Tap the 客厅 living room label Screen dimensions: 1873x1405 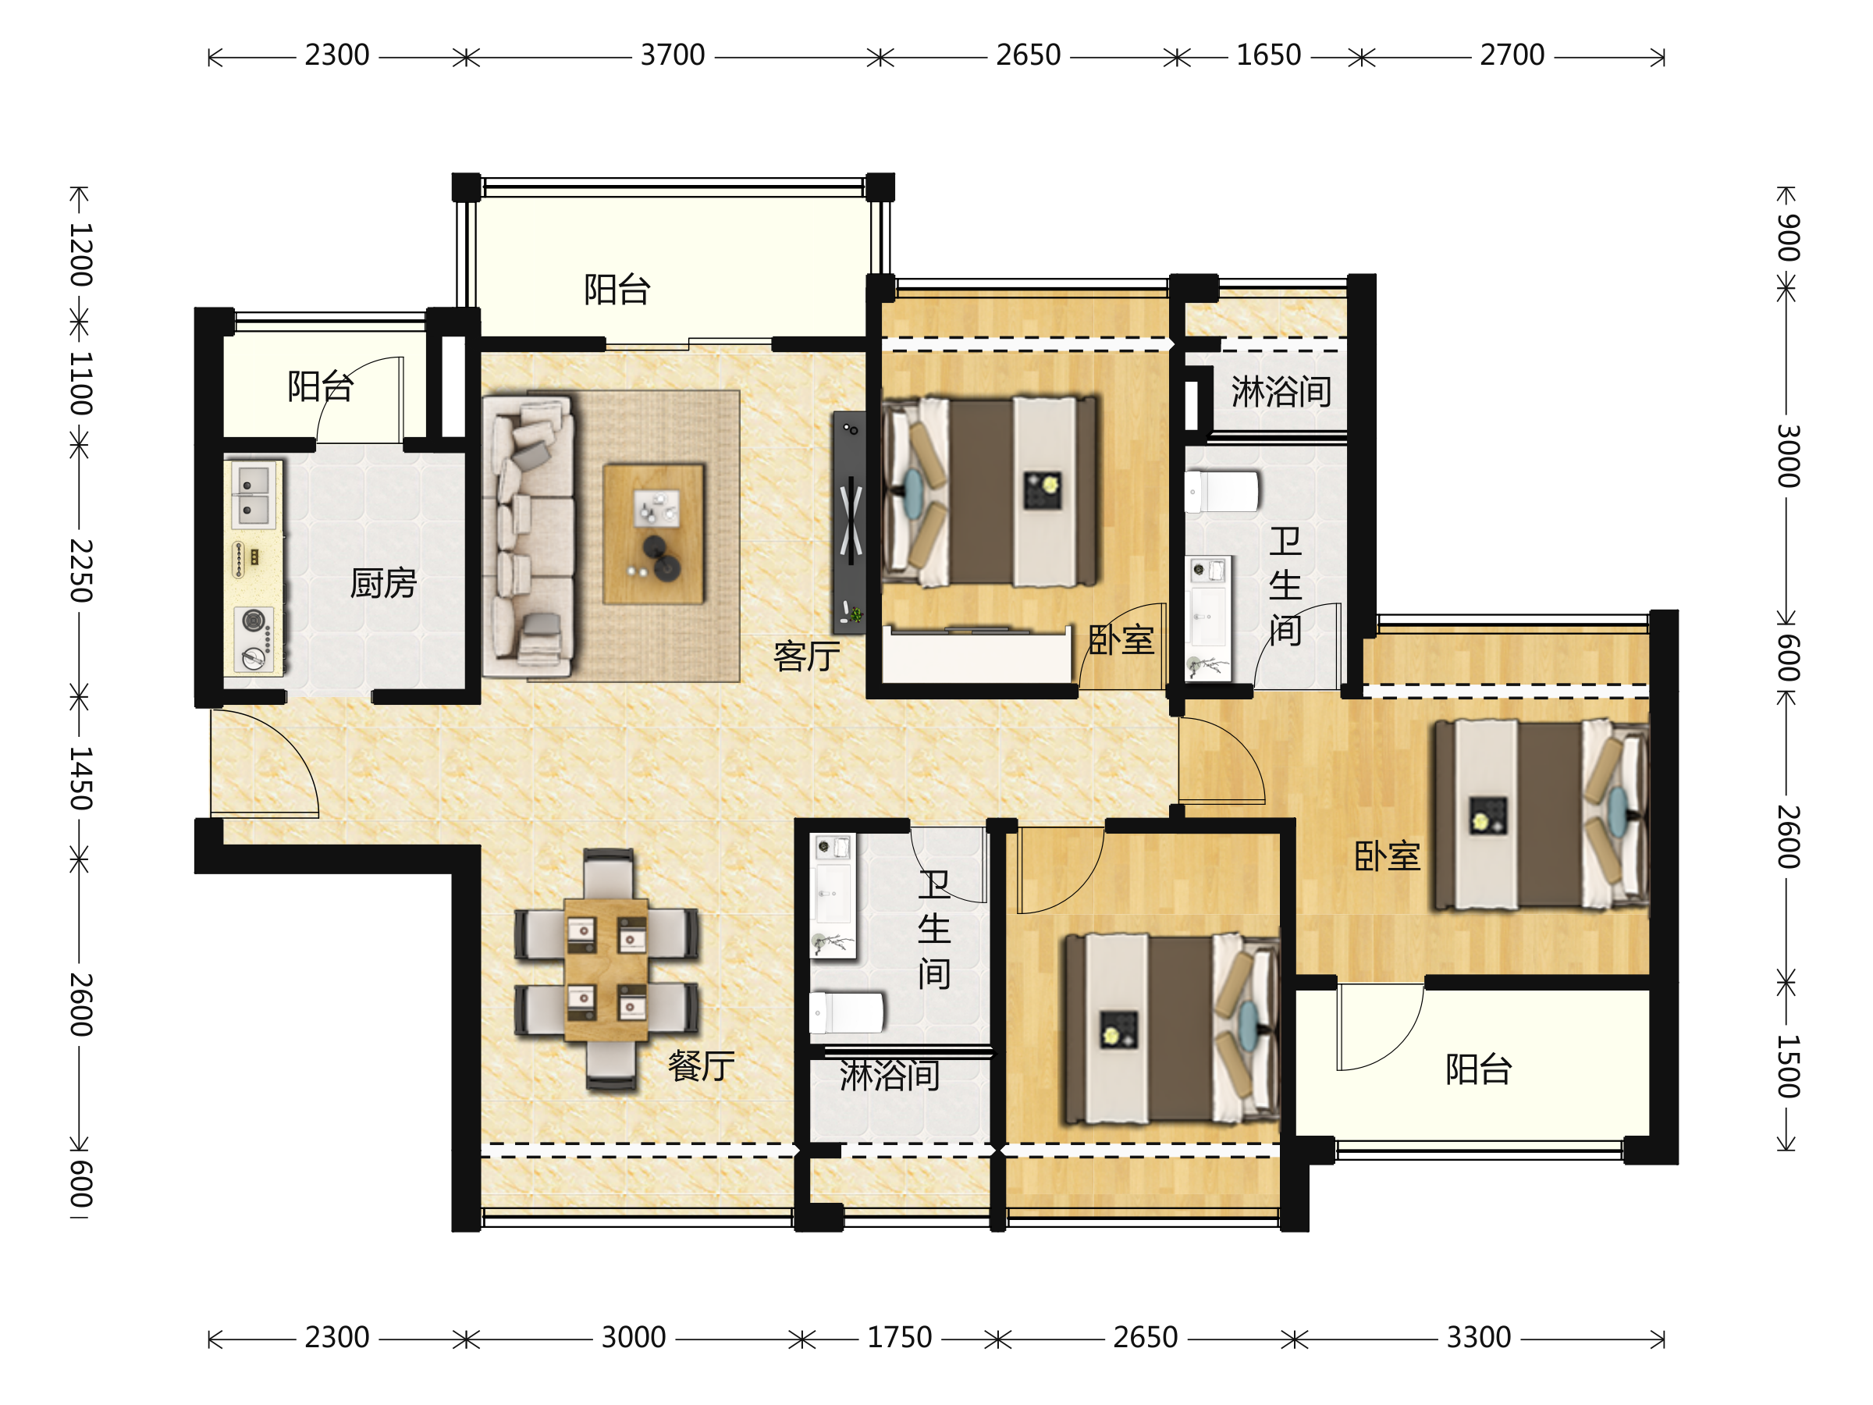pyautogui.click(x=806, y=656)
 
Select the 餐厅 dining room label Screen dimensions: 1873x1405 pyautogui.click(x=701, y=1065)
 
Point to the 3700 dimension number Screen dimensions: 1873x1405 pyautogui.click(x=672, y=56)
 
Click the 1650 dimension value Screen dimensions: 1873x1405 pyautogui.click(x=1268, y=56)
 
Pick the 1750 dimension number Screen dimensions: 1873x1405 pyautogui.click(x=899, y=1338)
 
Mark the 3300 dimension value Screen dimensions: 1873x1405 pyautogui.click(x=1478, y=1338)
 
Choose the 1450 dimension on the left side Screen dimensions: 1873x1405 pyautogui.click(x=80, y=778)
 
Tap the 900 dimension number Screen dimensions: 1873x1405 pyautogui.click(x=1787, y=237)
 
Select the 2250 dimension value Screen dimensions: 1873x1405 pyautogui.click(x=80, y=570)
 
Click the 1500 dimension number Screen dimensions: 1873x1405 pyautogui.click(x=1787, y=1066)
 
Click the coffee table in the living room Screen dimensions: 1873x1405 pyautogui.click(x=653, y=534)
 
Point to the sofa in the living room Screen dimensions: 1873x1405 pyautogui.click(x=528, y=537)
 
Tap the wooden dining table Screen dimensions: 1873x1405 pyautogui.click(x=606, y=969)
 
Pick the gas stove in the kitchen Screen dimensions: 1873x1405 pyautogui.click(x=254, y=640)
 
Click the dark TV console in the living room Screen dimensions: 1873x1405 pyautogui.click(x=849, y=522)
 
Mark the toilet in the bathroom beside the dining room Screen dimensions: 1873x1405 pyautogui.click(x=847, y=1013)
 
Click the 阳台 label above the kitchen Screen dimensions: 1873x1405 pyautogui.click(x=320, y=386)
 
